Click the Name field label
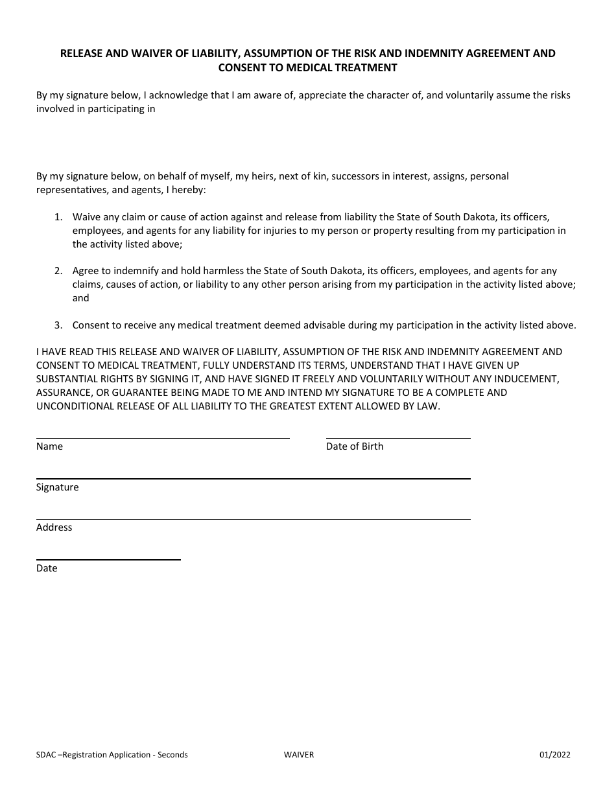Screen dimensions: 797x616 49,446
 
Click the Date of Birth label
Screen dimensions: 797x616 355,446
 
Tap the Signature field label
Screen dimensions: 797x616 58,487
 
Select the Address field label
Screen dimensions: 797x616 54,527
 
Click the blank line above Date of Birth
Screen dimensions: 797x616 398,438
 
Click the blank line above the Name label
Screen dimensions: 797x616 163,438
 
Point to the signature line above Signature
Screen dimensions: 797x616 253,479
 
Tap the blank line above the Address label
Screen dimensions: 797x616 253,519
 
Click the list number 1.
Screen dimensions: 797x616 58,217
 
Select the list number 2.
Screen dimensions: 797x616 58,271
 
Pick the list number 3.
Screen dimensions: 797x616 58,325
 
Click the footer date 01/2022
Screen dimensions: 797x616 554,755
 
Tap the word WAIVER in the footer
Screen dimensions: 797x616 298,755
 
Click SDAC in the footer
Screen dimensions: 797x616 46,755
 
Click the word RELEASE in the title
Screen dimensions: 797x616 82,54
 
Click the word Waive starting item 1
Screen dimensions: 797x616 86,217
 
